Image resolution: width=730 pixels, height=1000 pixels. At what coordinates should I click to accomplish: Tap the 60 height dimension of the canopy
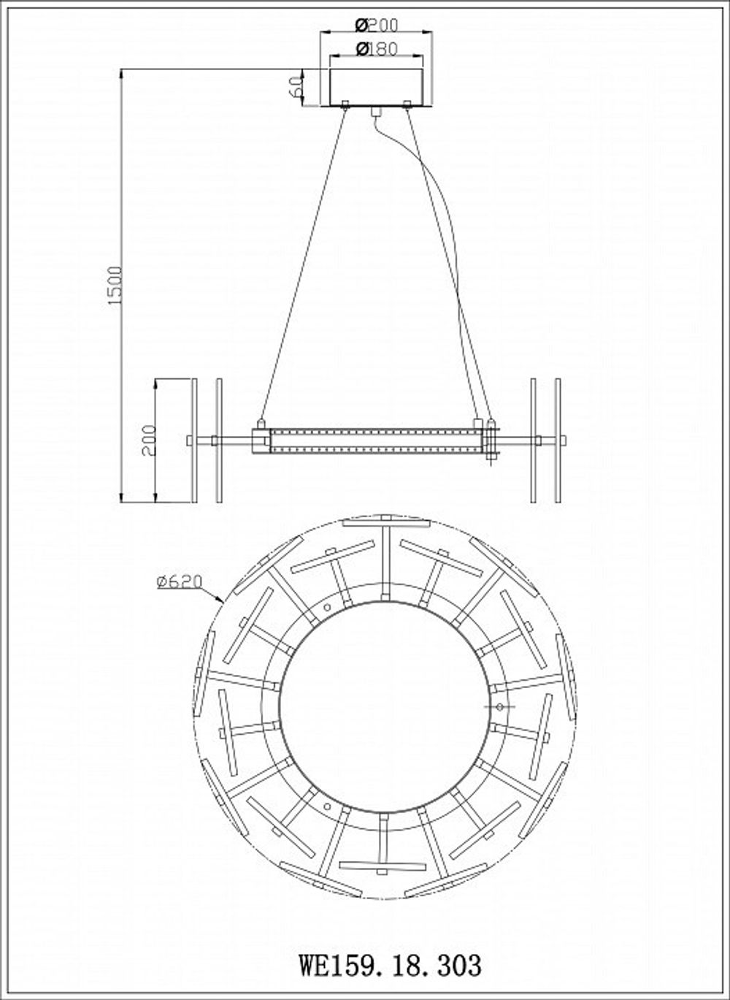tap(295, 87)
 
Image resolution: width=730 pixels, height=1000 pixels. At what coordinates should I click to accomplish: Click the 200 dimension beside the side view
tap(148, 440)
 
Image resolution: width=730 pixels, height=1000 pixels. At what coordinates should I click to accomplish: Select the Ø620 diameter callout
tap(177, 581)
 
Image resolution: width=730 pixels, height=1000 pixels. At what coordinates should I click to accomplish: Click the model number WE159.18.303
tap(391, 964)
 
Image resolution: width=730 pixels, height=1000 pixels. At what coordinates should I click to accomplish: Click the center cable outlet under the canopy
tap(377, 111)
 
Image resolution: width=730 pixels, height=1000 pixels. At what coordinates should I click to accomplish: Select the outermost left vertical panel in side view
tap(194, 440)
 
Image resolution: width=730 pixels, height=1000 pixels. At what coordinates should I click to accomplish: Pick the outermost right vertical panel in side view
tap(558, 440)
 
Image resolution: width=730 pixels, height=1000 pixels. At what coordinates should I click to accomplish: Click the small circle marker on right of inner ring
tap(499, 707)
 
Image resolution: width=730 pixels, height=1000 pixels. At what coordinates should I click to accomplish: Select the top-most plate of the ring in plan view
tap(385, 522)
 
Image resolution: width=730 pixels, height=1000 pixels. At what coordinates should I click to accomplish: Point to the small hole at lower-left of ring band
tap(327, 806)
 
